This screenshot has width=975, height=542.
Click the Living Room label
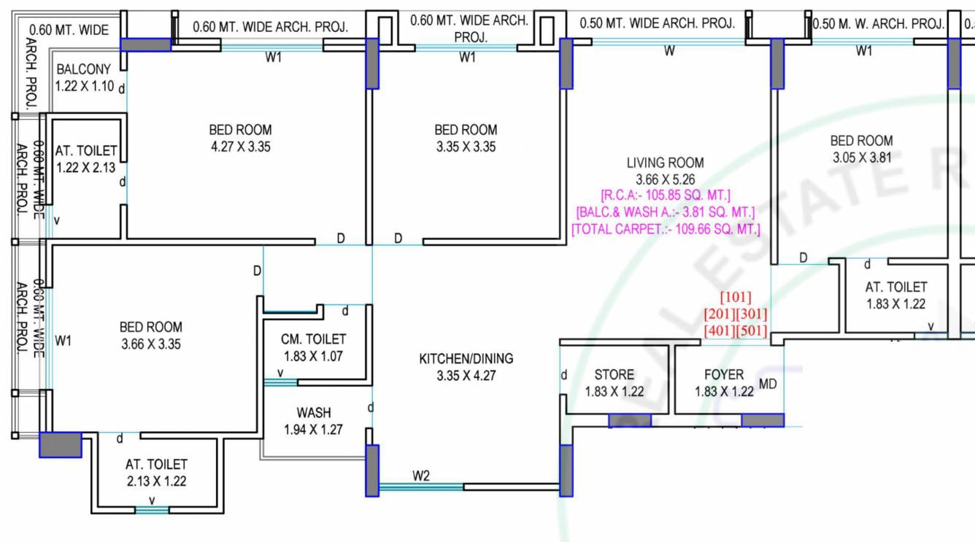pyautogui.click(x=665, y=163)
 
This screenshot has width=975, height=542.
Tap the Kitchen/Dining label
pyautogui.click(x=466, y=359)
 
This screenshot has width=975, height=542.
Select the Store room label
pyautogui.click(x=614, y=375)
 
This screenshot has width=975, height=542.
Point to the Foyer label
pyautogui.click(x=724, y=375)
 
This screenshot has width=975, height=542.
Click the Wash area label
pyautogui.click(x=314, y=413)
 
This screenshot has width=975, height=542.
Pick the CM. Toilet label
pyautogui.click(x=313, y=339)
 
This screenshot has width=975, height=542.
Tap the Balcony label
pyautogui.click(x=84, y=69)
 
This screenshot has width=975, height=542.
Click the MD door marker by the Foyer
pyautogui.click(x=768, y=384)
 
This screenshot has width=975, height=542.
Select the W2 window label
pyautogui.click(x=421, y=476)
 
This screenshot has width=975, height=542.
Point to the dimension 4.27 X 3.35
pyautogui.click(x=240, y=147)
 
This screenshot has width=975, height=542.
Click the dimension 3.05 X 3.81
pyautogui.click(x=861, y=158)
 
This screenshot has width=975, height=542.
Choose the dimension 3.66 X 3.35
pyautogui.click(x=150, y=344)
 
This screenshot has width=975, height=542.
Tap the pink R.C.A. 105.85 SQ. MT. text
pyautogui.click(x=665, y=195)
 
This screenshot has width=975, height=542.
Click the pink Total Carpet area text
pyautogui.click(x=665, y=229)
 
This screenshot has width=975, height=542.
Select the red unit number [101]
pyautogui.click(x=736, y=297)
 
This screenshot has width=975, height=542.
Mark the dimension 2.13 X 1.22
pyautogui.click(x=156, y=481)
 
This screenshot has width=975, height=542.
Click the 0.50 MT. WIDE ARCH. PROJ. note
pyautogui.click(x=657, y=23)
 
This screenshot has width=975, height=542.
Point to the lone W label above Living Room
pyautogui.click(x=669, y=51)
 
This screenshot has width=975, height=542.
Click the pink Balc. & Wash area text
pyautogui.click(x=665, y=212)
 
